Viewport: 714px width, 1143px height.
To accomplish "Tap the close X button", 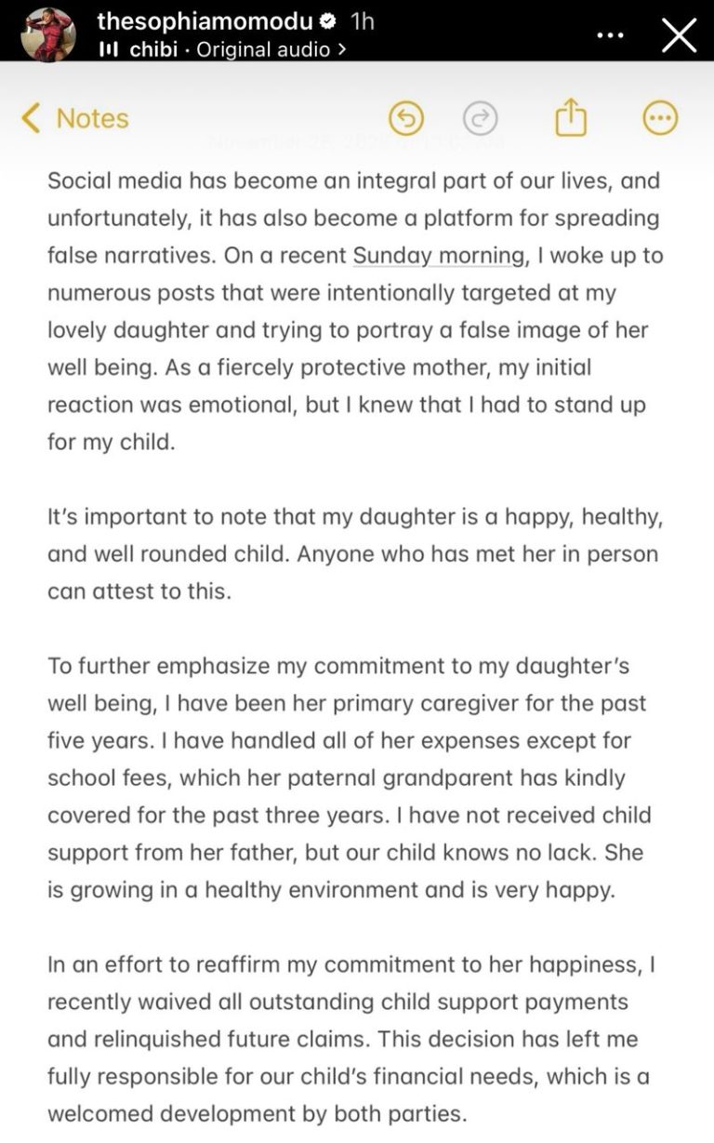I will [679, 35].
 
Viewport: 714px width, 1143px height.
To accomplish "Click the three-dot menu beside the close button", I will [610, 35].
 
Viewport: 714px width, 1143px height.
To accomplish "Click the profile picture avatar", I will [47, 33].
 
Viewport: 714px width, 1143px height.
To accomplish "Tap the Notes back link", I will [74, 118].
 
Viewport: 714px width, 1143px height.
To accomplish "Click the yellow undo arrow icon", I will [405, 118].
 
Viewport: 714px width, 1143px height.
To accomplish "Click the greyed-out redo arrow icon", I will [480, 118].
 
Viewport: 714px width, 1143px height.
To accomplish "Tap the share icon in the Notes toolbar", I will [570, 117].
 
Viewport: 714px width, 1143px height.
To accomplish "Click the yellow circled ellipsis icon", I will [660, 118].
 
